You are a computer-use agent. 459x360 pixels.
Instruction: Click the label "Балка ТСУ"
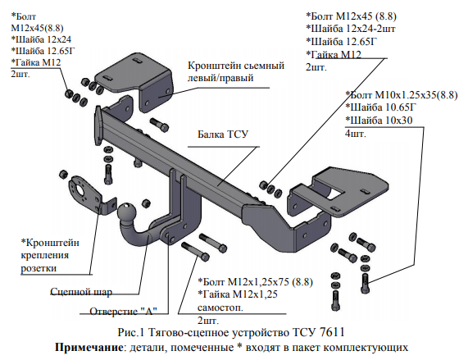(x=223, y=134)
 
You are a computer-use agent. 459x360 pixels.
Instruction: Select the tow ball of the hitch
(x=127, y=211)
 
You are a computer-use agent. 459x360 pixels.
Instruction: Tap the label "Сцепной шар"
(x=81, y=292)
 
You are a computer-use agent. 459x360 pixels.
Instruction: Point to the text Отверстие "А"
(x=123, y=311)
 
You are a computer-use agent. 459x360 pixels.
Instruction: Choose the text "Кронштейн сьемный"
(x=236, y=66)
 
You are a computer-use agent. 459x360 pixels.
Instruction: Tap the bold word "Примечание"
(x=89, y=348)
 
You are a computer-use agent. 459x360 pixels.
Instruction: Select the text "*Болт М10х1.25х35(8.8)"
(x=402, y=95)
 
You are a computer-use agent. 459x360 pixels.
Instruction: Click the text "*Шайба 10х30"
(x=379, y=121)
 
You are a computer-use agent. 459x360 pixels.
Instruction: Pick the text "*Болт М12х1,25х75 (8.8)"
(x=255, y=282)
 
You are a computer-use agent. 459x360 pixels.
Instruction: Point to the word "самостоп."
(x=220, y=308)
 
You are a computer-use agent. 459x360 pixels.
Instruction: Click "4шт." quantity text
(x=356, y=134)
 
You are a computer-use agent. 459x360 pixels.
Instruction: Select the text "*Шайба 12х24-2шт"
(x=351, y=29)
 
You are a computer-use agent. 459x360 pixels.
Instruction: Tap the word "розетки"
(x=39, y=268)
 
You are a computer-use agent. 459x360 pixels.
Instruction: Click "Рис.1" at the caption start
(x=131, y=332)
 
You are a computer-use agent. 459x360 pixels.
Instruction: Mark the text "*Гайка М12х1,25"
(x=238, y=294)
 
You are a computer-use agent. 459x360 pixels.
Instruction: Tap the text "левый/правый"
(x=220, y=79)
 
